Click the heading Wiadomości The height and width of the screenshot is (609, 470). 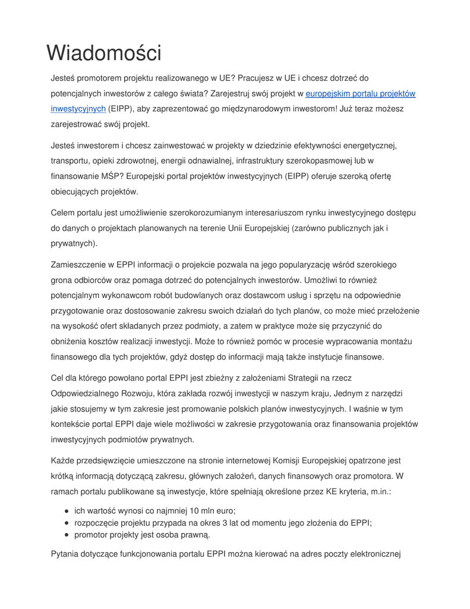104,53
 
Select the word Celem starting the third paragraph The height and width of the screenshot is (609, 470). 64,212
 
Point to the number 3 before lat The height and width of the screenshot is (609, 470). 266,523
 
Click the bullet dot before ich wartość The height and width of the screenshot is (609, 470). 67,511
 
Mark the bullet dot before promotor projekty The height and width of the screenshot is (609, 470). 67,535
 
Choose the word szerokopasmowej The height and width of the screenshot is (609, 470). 323,161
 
